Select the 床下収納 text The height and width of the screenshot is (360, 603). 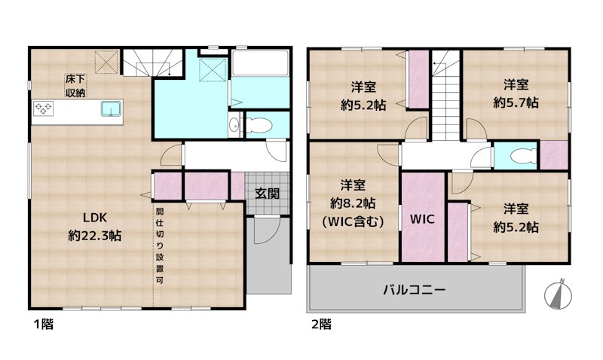click(x=74, y=85)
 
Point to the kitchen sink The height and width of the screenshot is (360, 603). click(x=110, y=110)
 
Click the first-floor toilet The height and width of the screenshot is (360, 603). click(x=257, y=124)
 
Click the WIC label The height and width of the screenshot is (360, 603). click(x=422, y=221)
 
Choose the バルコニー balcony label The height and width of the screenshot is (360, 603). click(x=414, y=288)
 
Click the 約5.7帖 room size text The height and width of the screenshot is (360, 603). click(x=516, y=102)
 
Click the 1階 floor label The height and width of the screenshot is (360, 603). click(x=42, y=325)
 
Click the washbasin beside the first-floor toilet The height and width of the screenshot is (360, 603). click(x=234, y=126)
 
